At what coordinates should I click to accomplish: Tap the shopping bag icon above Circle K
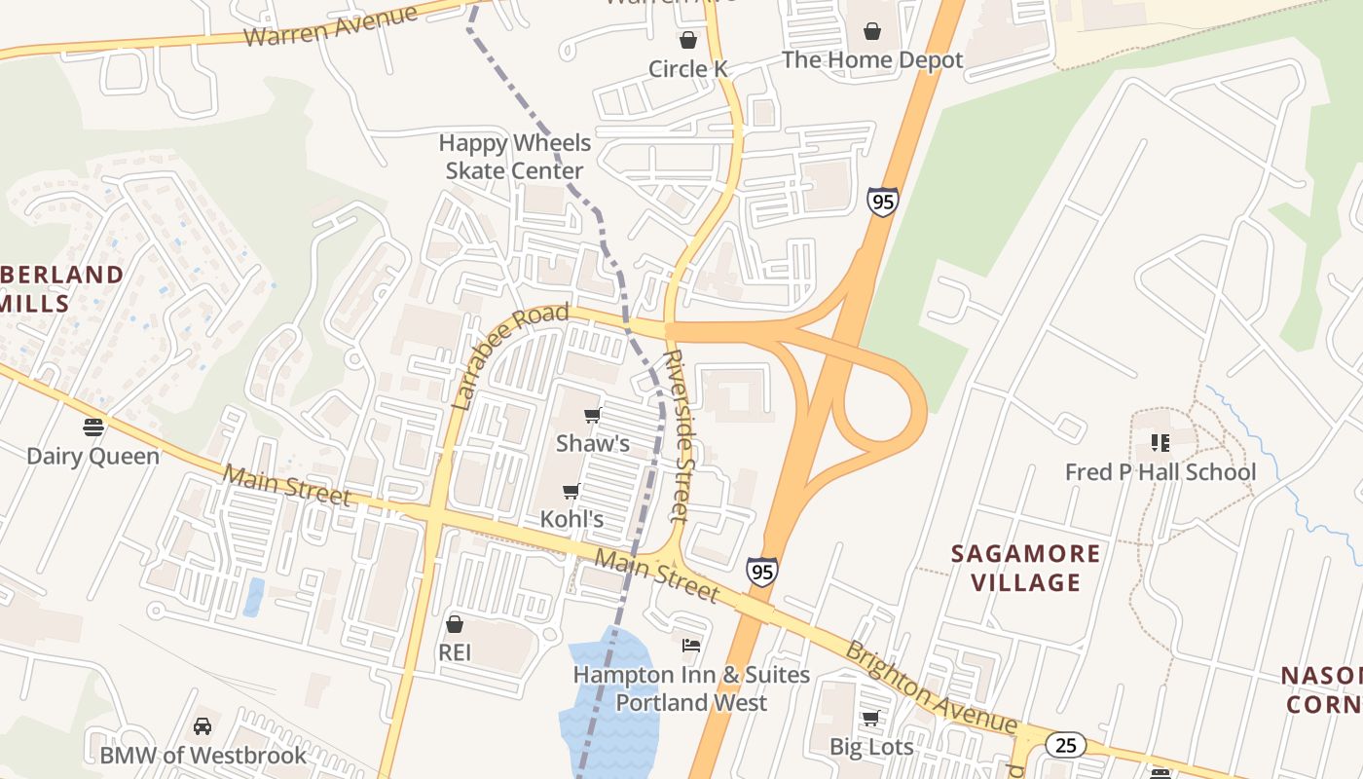[688, 40]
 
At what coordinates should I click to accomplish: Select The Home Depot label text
[872, 60]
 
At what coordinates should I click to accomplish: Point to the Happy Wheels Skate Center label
[514, 157]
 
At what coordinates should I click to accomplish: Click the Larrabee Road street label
[510, 355]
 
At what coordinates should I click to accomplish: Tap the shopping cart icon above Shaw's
[592, 416]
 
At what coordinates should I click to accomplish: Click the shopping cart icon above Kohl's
[571, 492]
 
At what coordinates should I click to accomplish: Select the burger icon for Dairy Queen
[93, 427]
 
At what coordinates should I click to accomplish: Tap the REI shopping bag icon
[455, 624]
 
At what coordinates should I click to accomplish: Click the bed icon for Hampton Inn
[690, 646]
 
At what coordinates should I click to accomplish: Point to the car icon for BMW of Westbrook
[203, 726]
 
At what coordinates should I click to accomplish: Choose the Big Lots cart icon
[871, 719]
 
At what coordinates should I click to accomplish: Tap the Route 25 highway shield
[1066, 745]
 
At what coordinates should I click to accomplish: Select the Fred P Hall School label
[1160, 473]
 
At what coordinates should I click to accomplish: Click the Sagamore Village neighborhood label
[1025, 568]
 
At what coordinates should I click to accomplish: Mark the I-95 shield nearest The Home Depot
[882, 203]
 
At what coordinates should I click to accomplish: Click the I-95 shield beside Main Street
[762, 572]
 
